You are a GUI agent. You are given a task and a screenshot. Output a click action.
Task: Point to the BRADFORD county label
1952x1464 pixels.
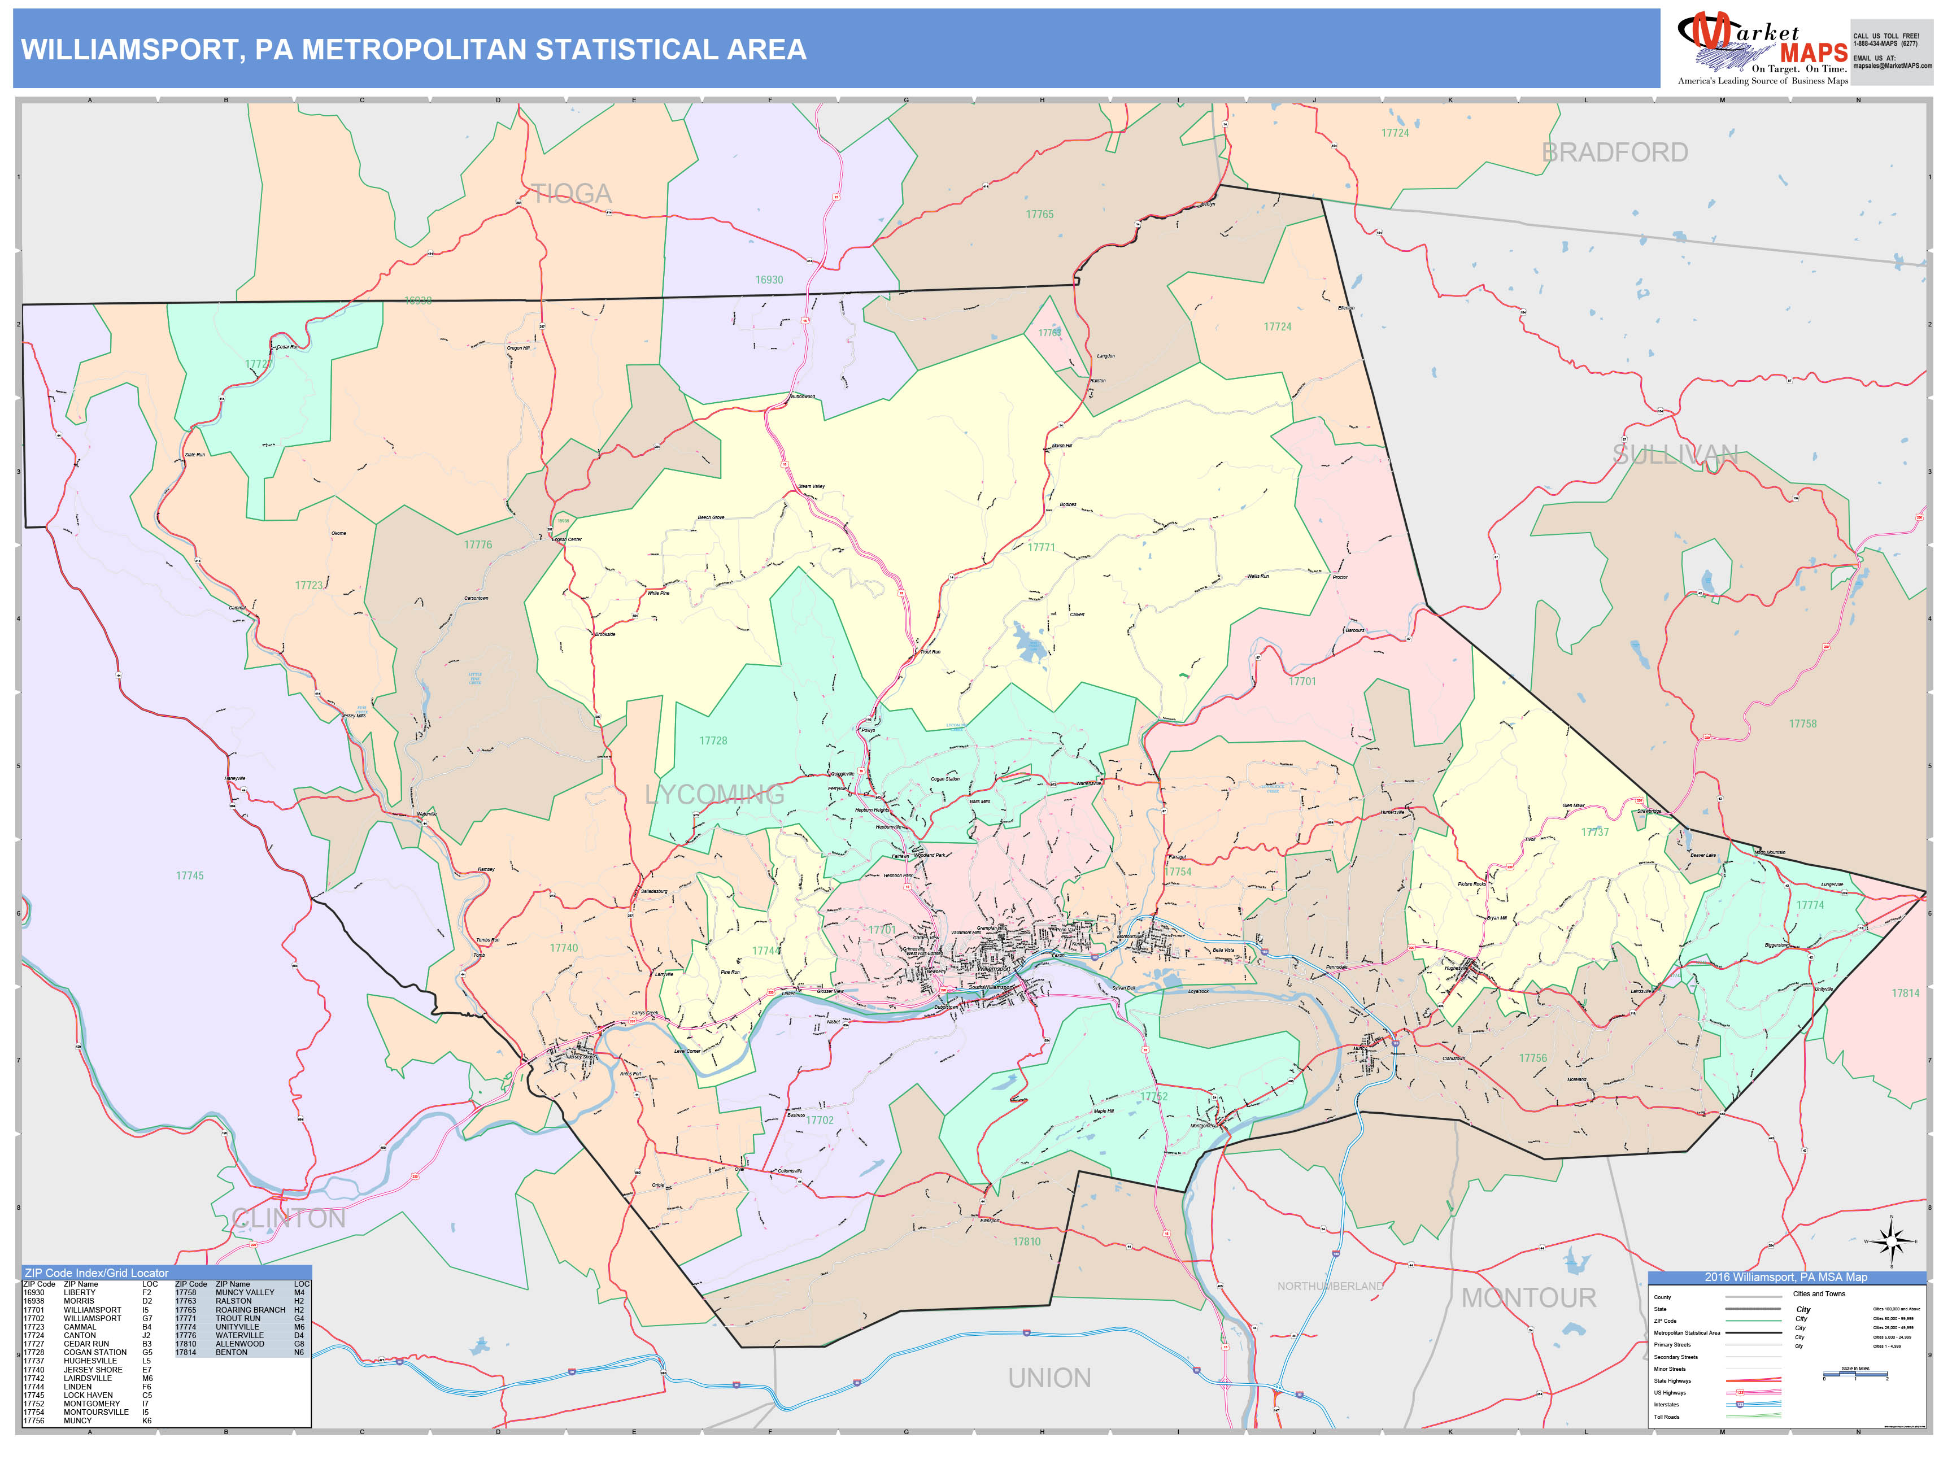pos(1614,152)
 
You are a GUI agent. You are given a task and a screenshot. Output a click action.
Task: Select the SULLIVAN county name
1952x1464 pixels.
pos(1674,455)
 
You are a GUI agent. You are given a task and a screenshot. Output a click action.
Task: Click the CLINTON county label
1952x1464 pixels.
pos(289,1219)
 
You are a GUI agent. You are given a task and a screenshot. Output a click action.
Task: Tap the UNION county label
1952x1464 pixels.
pos(1049,1378)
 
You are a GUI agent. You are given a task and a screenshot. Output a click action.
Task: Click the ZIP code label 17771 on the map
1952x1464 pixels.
pos(1042,548)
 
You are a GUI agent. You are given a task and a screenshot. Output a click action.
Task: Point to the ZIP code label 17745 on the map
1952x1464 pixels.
pos(190,876)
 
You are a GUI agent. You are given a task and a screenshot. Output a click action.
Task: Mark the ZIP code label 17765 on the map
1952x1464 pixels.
pos(1039,215)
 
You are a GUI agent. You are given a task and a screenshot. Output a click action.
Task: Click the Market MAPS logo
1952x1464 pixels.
pos(1762,49)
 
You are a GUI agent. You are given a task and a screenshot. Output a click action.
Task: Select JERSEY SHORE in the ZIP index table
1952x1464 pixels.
pos(93,1370)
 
